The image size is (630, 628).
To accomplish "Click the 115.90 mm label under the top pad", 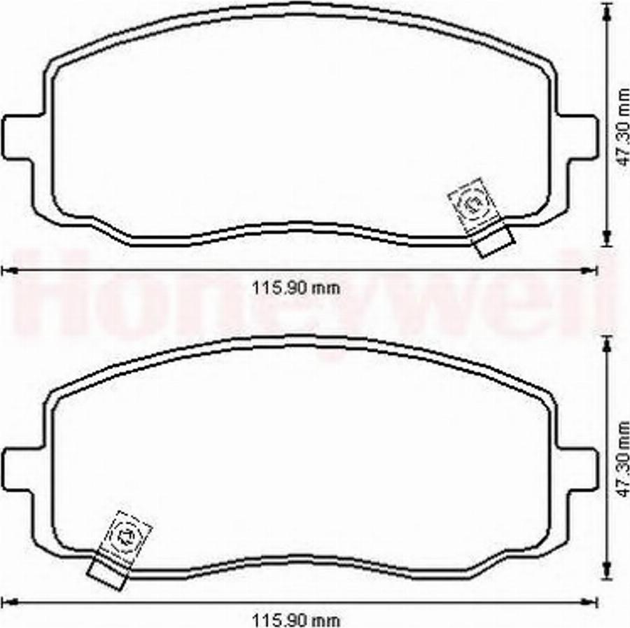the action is pyautogui.click(x=295, y=288).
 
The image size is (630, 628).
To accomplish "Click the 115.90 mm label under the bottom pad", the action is pyautogui.click(x=295, y=620).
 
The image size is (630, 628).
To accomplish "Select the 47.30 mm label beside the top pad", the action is pyautogui.click(x=623, y=127).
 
